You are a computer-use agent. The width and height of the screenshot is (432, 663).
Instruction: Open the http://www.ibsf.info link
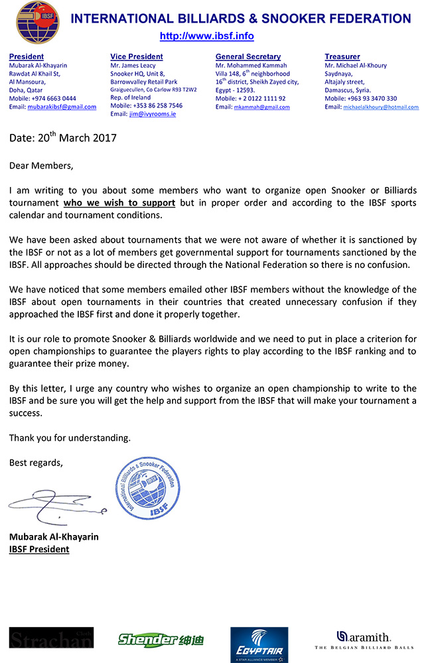coord(206,36)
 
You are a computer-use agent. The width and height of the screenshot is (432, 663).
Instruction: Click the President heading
coord(27,57)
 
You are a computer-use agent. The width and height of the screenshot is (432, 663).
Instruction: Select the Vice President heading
coord(136,57)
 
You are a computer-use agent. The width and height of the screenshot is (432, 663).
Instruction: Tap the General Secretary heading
coord(248,57)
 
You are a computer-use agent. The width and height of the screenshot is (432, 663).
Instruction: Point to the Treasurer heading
coord(342,57)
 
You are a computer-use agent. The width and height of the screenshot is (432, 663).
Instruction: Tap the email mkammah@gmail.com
coord(261,107)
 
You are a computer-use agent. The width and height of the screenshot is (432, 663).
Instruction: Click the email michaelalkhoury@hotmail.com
coord(381,107)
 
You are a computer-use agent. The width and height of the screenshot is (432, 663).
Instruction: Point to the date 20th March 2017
coord(63,138)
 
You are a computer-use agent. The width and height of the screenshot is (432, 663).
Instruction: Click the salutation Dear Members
coord(41,165)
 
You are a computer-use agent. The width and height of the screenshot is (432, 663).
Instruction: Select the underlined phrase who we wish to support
coord(119,203)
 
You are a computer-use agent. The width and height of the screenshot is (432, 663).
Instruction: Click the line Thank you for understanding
coord(70,438)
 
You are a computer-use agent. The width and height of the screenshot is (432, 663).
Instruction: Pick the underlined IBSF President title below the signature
coord(39,549)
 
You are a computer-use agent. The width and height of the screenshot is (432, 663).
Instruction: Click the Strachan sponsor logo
coord(51,637)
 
